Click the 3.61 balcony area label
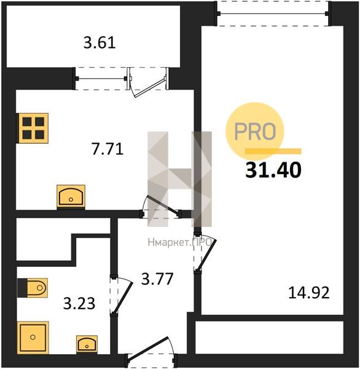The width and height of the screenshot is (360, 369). [x=100, y=43]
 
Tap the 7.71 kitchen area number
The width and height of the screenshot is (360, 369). [x=108, y=149]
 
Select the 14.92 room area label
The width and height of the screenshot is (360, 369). [x=309, y=293]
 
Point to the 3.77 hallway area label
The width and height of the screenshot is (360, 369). [x=157, y=279]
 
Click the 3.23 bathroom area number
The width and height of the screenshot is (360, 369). [x=79, y=303]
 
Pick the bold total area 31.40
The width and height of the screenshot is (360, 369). [x=273, y=170]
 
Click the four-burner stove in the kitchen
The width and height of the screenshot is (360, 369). [x=33, y=129]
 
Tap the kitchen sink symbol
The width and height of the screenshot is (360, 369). [x=71, y=197]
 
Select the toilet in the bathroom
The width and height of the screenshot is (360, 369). [x=33, y=288]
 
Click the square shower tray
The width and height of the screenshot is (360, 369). [x=33, y=338]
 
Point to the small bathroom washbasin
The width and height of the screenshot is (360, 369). [x=87, y=344]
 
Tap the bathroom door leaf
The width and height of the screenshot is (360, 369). [x=122, y=298]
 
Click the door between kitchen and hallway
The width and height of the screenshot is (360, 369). [x=162, y=205]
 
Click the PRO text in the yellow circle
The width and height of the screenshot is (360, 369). [x=255, y=131]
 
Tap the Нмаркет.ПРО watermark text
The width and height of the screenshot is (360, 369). [x=179, y=242]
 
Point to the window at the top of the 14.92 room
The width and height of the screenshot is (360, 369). [x=273, y=14]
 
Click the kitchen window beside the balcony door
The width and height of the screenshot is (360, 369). [x=101, y=79]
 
